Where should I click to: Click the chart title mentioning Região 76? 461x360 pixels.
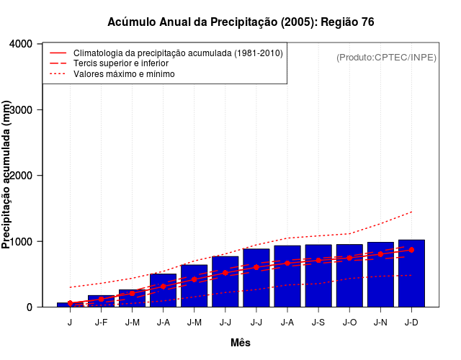[241, 22]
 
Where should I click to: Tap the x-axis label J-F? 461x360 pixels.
[101, 322]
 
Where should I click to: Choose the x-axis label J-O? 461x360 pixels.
[349, 322]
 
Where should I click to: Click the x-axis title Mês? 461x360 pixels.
[241, 343]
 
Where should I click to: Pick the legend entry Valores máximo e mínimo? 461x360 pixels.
[124, 73]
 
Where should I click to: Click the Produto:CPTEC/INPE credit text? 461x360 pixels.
[386, 58]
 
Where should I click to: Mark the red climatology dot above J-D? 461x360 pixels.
[411, 250]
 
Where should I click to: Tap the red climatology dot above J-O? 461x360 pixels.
[349, 258]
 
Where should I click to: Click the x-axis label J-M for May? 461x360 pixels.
[194, 322]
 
